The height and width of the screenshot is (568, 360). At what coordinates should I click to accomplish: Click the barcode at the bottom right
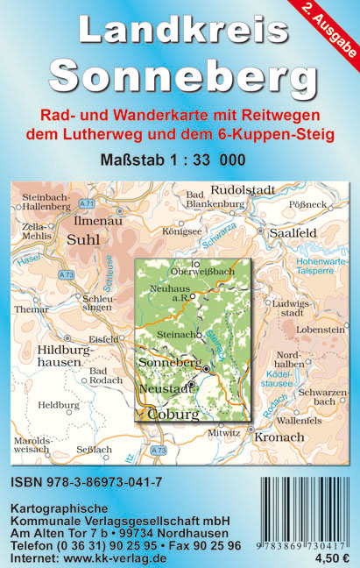tap(304, 511)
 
